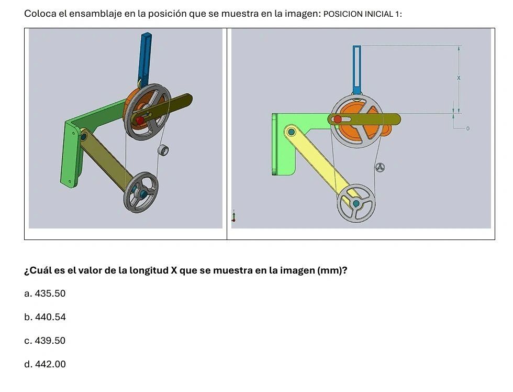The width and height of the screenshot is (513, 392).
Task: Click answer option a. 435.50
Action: point(45,293)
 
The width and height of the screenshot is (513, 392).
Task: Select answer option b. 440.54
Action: point(45,317)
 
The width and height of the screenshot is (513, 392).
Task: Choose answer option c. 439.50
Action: point(45,341)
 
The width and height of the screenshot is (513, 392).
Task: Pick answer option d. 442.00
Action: point(45,364)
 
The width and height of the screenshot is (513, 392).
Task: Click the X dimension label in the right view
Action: point(459,78)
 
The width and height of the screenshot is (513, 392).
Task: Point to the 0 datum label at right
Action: point(468,128)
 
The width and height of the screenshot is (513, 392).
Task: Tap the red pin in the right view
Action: point(338,119)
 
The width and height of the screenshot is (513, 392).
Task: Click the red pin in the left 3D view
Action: point(140,121)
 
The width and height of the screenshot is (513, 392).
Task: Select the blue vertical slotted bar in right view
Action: point(356,68)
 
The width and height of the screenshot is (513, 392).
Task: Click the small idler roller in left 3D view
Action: point(164,150)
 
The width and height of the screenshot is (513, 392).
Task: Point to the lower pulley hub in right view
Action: point(356,203)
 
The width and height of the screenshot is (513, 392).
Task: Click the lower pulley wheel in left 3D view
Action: point(141,192)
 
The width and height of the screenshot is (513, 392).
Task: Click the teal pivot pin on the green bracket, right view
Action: point(291,131)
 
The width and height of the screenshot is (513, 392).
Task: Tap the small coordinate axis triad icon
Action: point(233,216)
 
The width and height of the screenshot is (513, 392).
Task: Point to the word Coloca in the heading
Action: point(40,14)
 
